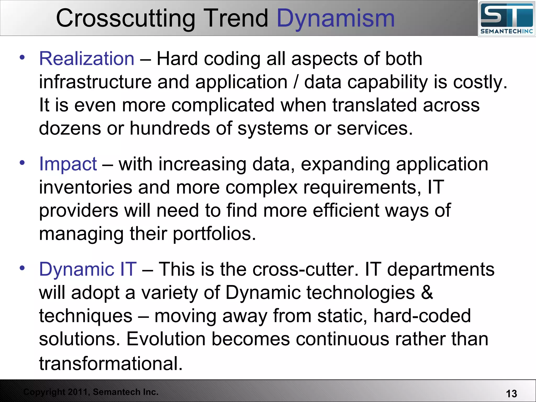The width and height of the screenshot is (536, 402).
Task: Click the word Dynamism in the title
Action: (x=336, y=18)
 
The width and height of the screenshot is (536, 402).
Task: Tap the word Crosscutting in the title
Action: (x=126, y=18)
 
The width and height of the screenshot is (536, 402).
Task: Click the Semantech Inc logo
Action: (x=506, y=19)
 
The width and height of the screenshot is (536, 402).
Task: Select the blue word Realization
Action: (x=87, y=59)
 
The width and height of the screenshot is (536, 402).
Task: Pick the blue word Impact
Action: (x=68, y=164)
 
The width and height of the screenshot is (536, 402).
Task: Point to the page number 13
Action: (x=511, y=394)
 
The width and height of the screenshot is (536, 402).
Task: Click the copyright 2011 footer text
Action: (x=91, y=392)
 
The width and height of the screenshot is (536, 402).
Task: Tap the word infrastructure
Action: (x=95, y=82)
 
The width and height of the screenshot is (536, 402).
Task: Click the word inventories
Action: (x=86, y=187)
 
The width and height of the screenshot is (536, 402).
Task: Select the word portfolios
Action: (x=214, y=234)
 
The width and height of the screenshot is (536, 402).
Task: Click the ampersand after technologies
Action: (x=427, y=293)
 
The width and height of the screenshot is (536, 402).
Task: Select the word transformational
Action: (x=111, y=363)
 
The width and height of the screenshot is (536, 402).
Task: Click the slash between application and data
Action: (x=296, y=82)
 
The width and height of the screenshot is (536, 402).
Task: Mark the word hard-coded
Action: (x=422, y=316)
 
